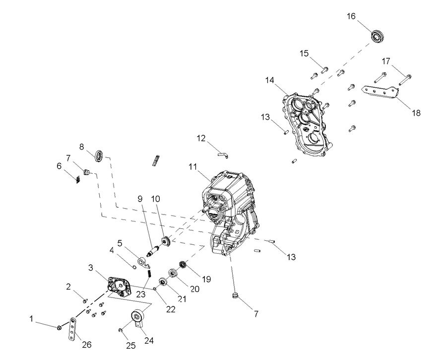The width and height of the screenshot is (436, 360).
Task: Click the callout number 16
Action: (x=351, y=16)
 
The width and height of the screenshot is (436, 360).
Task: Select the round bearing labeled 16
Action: (x=378, y=36)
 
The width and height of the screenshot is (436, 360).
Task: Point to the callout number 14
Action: (x=269, y=80)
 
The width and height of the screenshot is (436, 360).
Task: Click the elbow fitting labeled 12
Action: (x=223, y=155)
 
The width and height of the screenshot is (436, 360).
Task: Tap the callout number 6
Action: (x=60, y=166)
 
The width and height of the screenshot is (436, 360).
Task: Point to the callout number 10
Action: (x=156, y=199)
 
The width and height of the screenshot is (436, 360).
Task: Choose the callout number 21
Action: (x=182, y=299)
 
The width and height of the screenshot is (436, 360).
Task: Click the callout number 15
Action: (x=304, y=53)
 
